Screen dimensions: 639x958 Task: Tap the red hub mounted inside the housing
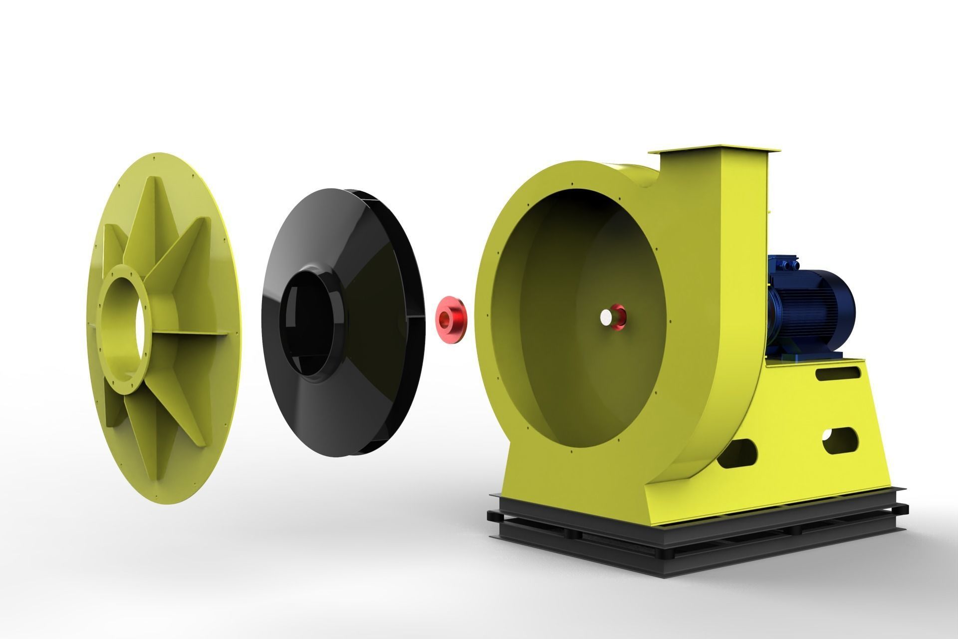point(619,317)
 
